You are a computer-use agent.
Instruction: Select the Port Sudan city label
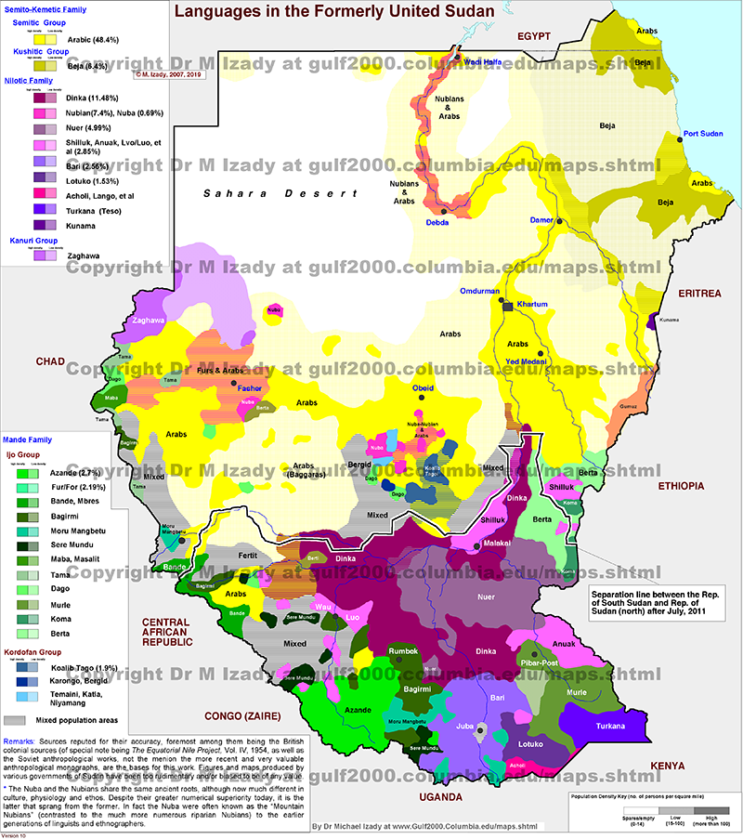[702, 134]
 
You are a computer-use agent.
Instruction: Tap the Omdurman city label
[480, 292]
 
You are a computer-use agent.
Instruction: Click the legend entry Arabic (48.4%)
[91, 41]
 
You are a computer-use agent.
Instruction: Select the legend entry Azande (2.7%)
[84, 474]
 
